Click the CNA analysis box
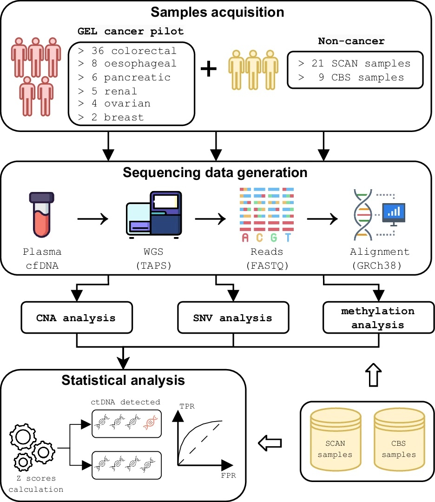click(77, 317)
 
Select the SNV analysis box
click(233, 317)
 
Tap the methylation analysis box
click(379, 317)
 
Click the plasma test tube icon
click(42, 214)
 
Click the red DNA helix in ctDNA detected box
click(150, 422)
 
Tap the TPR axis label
click(187, 406)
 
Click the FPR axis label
click(228, 476)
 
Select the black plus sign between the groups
click(209, 69)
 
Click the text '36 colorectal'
click(134, 51)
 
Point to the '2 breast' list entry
click(118, 117)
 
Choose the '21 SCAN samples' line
click(361, 63)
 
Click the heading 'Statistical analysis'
click(123, 380)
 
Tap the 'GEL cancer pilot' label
click(131, 31)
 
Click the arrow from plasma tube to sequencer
click(93, 219)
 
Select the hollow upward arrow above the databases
click(373, 375)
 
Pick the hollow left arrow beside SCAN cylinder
click(270, 443)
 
